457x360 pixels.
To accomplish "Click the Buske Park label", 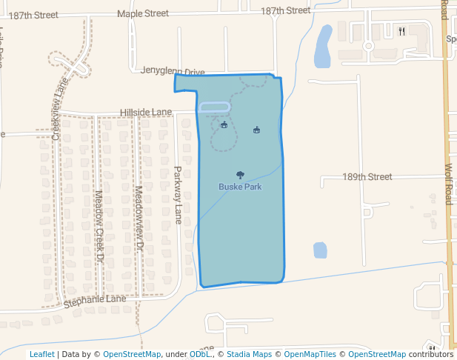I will click(x=239, y=187).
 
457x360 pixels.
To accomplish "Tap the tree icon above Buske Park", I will click(x=239, y=176).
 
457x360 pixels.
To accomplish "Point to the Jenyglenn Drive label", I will click(x=173, y=72).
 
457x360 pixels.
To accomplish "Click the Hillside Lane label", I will click(x=146, y=113).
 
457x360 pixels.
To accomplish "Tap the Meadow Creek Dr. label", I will click(x=99, y=227).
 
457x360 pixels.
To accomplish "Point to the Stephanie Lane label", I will click(x=95, y=300).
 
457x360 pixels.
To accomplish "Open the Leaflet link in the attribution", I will click(x=41, y=354).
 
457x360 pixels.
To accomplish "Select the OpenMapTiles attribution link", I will click(x=310, y=354).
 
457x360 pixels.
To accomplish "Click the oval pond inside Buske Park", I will click(x=215, y=107).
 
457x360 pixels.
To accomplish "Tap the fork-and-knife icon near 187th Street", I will click(x=401, y=31).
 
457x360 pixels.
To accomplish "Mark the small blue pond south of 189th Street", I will click(x=320, y=250).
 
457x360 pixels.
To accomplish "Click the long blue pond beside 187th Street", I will click(x=323, y=46).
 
